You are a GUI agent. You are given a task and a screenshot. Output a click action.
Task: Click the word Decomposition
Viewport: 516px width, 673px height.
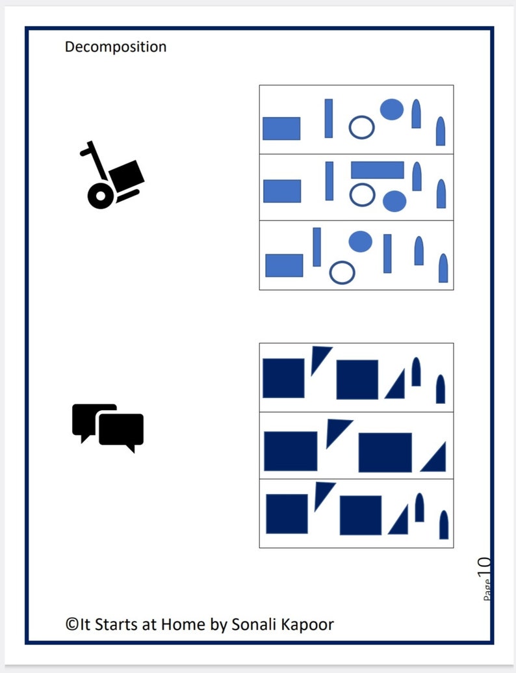point(115,47)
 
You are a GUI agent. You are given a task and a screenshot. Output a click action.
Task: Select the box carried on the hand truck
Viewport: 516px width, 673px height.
point(127,174)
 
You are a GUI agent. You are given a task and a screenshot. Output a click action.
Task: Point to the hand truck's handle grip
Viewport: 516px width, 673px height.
point(85,152)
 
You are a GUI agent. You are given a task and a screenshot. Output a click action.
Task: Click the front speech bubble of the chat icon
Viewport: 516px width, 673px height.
point(122,430)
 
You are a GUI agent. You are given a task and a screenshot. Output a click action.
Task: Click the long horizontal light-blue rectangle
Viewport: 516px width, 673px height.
point(377,170)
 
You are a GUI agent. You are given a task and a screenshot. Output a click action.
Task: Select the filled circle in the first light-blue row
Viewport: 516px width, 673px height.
point(391,109)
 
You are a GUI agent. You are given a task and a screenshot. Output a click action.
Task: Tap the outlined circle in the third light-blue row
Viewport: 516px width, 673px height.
point(342,272)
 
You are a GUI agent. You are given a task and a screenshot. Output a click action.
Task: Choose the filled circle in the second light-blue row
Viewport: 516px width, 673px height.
point(394,202)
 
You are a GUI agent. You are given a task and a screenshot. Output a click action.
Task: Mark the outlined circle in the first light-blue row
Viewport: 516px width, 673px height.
point(361,127)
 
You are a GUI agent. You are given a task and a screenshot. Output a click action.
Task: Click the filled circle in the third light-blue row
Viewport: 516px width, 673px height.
point(360,241)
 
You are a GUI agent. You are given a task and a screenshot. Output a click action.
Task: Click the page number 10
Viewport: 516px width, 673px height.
point(485,566)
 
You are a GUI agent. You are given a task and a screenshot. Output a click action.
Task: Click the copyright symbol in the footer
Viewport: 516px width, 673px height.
point(71,625)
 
